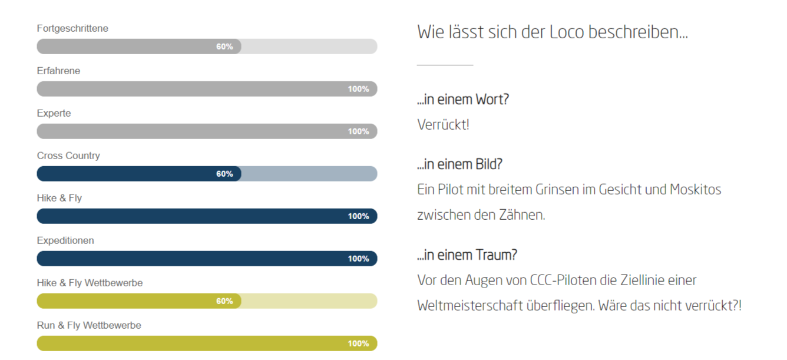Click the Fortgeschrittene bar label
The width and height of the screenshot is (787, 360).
tap(72, 28)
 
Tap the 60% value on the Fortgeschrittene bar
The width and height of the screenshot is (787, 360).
tap(224, 47)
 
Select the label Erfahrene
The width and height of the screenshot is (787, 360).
tap(58, 71)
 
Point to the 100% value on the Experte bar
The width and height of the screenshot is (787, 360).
tap(358, 131)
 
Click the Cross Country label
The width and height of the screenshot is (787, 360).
tap(68, 156)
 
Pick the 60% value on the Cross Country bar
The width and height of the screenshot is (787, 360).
tap(224, 174)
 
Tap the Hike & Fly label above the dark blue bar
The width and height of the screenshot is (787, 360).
tap(59, 198)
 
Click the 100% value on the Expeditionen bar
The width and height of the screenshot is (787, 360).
tap(358, 259)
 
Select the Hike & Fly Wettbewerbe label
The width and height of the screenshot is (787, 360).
tap(90, 283)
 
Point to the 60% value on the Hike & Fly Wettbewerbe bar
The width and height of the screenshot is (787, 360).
tap(224, 301)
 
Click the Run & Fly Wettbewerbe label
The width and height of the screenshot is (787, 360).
tap(89, 325)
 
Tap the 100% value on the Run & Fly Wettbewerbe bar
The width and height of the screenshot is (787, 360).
tap(358, 344)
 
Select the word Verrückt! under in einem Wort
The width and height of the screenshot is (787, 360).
tap(443, 125)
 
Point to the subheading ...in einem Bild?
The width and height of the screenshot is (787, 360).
tap(459, 164)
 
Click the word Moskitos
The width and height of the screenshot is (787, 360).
tap(695, 190)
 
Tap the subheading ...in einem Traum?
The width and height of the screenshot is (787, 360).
tap(467, 255)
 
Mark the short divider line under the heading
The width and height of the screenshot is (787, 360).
tap(445, 65)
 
